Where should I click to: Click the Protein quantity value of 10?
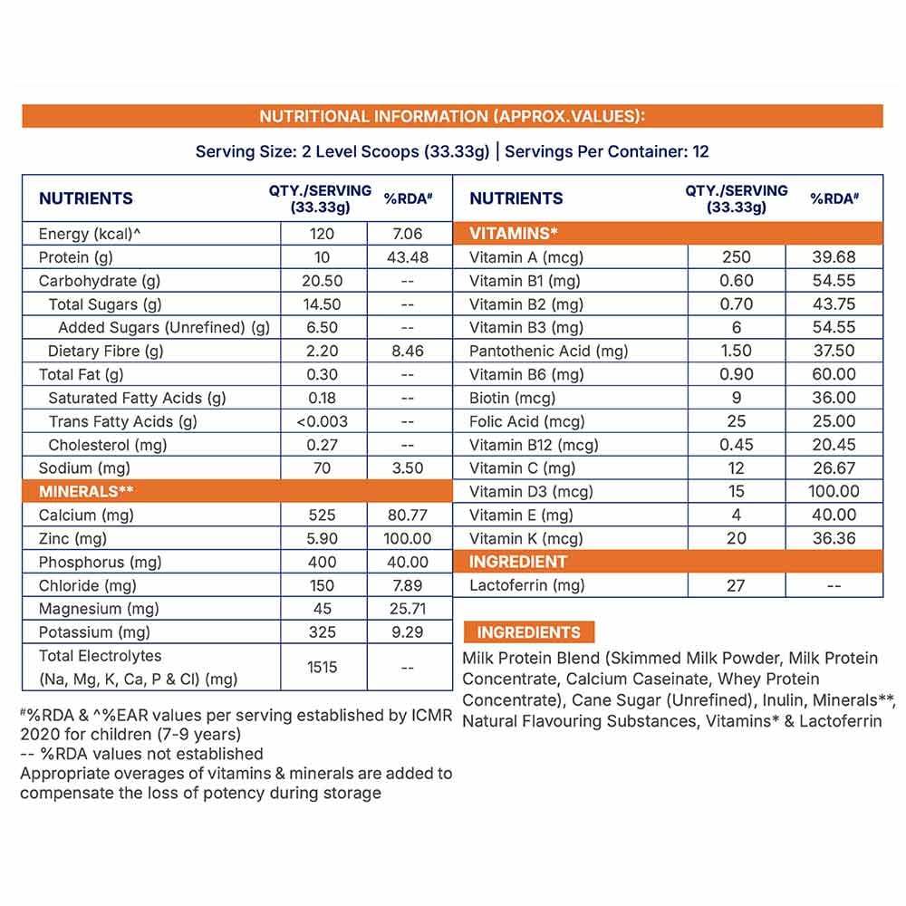tap(322, 257)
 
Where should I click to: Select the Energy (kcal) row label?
tap(91, 234)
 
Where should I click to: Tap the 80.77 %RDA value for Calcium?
tap(407, 515)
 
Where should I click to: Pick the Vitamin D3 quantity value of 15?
tap(736, 491)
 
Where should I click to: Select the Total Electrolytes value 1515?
tap(322, 667)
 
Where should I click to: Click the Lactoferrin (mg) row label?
tap(527, 585)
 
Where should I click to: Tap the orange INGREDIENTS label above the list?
tap(528, 632)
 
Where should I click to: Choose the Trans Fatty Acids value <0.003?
tap(322, 421)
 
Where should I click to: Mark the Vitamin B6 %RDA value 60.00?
tap(834, 374)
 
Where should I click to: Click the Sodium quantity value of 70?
tap(322, 468)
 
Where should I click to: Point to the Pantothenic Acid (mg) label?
tap(549, 351)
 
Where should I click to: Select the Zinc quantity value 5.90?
tap(322, 538)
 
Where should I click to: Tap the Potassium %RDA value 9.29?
tap(407, 632)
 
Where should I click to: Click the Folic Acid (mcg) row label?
tap(527, 421)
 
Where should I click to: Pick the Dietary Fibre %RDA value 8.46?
tap(407, 351)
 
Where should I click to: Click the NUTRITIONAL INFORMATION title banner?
tap(452, 116)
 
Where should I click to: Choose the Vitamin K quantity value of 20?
tap(736, 538)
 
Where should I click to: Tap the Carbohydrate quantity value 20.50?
tap(322, 281)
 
